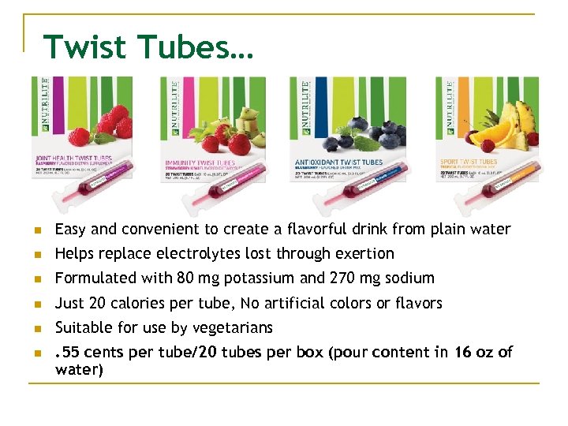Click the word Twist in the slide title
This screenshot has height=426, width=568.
(x=86, y=47)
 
